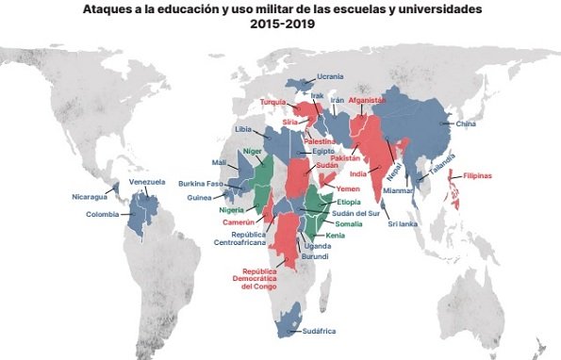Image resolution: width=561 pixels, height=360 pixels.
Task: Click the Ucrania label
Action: [330, 76]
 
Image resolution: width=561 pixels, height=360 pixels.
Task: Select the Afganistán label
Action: [368, 100]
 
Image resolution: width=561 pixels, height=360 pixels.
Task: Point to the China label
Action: [466, 123]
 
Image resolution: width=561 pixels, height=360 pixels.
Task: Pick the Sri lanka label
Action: [403, 223]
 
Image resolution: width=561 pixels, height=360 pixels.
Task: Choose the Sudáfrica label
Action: [319, 331]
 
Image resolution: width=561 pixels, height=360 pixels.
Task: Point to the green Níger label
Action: [252, 151]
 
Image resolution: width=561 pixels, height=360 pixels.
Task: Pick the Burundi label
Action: [315, 256]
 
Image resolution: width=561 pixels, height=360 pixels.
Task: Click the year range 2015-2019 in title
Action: [283, 24]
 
